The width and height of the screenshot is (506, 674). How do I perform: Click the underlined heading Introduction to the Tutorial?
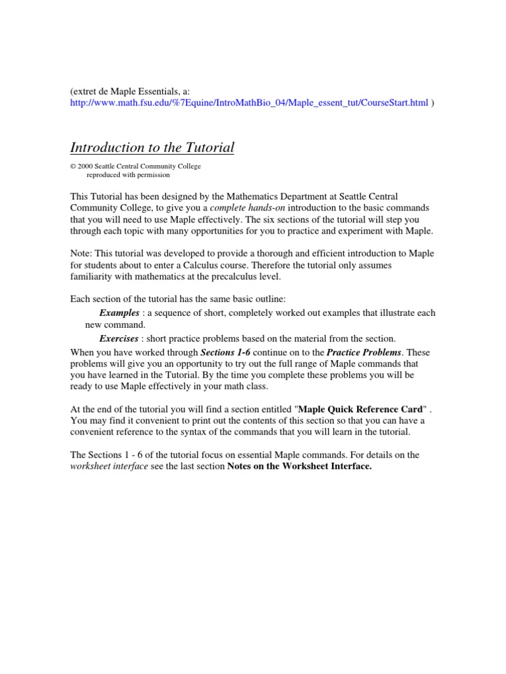(152, 147)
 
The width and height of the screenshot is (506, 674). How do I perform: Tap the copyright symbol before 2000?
(72, 167)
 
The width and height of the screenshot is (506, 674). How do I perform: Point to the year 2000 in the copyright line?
(84, 167)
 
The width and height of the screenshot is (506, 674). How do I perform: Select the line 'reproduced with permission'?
(128, 175)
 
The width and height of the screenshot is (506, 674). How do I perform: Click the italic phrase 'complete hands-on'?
(247, 207)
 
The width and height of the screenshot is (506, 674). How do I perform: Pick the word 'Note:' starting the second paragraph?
(82, 254)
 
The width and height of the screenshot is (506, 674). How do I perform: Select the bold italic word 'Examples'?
(119, 313)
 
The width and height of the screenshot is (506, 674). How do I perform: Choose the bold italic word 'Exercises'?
(119, 338)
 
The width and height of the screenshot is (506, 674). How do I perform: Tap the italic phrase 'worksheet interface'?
(109, 467)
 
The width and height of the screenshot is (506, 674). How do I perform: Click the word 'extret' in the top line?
(86, 91)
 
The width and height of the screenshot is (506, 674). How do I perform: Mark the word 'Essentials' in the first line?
(163, 91)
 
